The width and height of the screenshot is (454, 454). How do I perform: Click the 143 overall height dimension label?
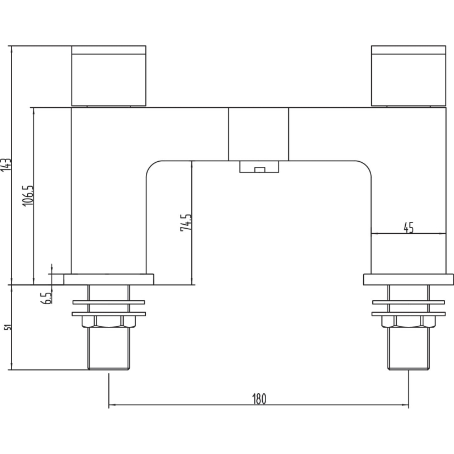point(7,165)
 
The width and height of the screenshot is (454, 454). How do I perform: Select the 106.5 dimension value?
point(28,196)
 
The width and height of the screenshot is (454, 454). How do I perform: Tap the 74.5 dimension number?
point(186,222)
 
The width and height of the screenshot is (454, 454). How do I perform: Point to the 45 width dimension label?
point(409,228)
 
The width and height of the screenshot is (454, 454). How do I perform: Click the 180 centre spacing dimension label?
point(259,399)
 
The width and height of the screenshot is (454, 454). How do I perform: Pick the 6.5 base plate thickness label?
point(47,299)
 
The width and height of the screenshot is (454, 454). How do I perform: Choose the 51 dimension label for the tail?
point(9,327)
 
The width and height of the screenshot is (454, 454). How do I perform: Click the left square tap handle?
point(108,76)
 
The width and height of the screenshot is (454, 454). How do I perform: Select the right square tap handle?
point(409,76)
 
